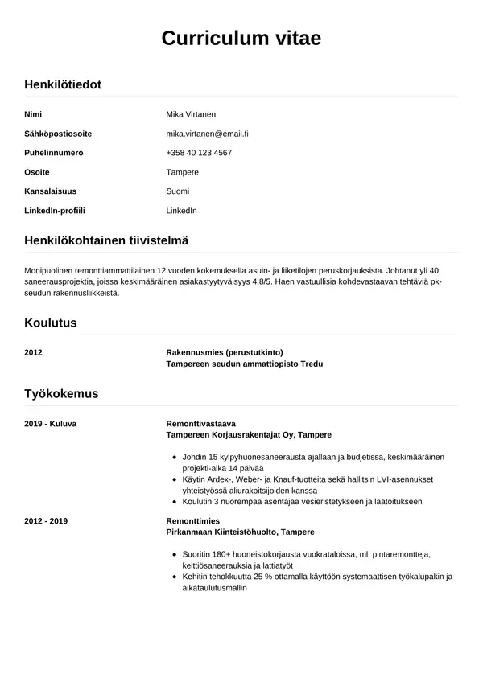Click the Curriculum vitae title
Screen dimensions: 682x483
(x=241, y=38)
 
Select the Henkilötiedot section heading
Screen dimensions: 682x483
(x=63, y=84)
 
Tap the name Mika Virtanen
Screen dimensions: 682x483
(x=191, y=114)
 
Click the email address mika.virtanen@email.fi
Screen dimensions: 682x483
(x=207, y=134)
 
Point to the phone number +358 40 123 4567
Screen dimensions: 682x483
(x=199, y=153)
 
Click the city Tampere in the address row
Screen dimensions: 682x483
(x=182, y=172)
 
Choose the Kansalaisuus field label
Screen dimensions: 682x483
(x=51, y=191)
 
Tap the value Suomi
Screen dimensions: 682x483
(x=178, y=191)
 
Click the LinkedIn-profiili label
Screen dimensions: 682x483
(x=55, y=211)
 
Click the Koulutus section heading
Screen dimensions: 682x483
(x=51, y=323)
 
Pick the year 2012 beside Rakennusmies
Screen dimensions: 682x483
(x=34, y=352)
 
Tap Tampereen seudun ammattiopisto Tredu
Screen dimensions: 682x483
(x=244, y=364)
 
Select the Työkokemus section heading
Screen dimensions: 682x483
(x=61, y=393)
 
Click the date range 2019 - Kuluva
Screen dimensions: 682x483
(x=51, y=423)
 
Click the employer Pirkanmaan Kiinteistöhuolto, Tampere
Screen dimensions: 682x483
(x=240, y=532)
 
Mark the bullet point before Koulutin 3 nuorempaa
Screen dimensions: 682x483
(x=175, y=502)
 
